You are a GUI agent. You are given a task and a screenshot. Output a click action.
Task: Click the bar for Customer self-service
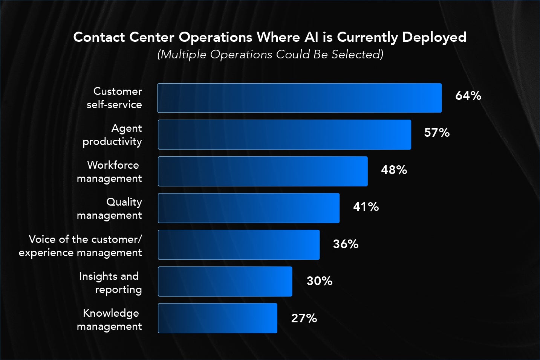[299, 98]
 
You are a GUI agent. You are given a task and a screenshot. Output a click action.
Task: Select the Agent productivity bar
[284, 135]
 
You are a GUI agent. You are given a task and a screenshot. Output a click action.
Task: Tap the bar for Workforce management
[262, 171]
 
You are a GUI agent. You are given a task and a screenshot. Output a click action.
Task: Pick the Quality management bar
[248, 208]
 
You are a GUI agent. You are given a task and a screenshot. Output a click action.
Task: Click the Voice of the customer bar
[239, 245]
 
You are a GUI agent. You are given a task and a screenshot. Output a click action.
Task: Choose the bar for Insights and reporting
[225, 282]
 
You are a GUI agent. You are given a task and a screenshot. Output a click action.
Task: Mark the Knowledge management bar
[217, 318]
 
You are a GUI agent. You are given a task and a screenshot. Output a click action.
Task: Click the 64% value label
[468, 96]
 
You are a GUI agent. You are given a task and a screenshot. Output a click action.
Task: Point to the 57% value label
[437, 133]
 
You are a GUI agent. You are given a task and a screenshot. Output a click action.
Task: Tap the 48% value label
[394, 170]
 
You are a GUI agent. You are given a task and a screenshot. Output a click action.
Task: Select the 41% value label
[366, 207]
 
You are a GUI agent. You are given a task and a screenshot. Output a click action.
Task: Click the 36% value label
[346, 244]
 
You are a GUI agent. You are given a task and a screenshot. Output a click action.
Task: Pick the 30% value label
[320, 281]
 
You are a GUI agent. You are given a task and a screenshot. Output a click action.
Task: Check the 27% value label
[304, 318]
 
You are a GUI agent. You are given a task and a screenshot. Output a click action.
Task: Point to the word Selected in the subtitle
[357, 55]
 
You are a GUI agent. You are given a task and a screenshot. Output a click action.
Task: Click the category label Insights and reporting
[110, 282]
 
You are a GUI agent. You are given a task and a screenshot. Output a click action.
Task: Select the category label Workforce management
[109, 171]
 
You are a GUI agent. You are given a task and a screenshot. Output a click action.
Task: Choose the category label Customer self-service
[115, 98]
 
